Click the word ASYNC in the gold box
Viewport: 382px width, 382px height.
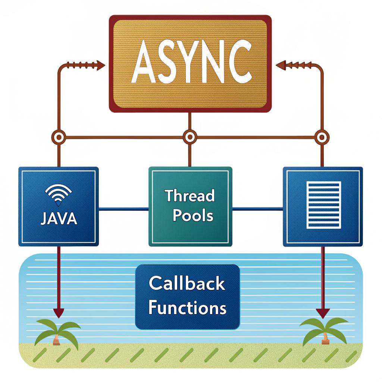click(x=190, y=63)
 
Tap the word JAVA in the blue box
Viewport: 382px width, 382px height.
click(x=59, y=218)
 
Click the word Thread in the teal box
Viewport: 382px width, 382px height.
click(x=190, y=196)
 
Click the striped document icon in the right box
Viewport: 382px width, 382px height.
click(x=323, y=205)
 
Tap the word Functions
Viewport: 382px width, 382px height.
click(x=187, y=308)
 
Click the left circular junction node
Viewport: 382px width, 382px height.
click(x=59, y=137)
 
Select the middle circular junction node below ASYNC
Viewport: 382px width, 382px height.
click(x=190, y=137)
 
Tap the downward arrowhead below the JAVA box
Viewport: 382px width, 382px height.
click(x=59, y=313)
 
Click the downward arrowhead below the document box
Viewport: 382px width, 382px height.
click(x=323, y=313)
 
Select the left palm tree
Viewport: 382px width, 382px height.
click(x=56, y=332)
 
